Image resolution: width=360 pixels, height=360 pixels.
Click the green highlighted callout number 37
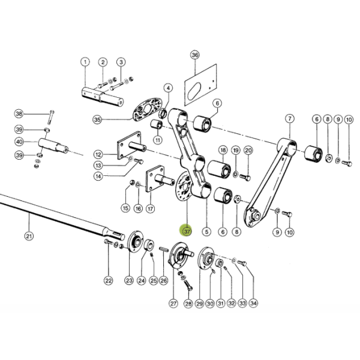tap(187, 231)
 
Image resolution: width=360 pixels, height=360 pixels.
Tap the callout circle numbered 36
tap(194, 55)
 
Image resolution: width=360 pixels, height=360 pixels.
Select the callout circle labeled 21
tap(29, 236)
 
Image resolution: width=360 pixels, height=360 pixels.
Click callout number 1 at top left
tap(85, 62)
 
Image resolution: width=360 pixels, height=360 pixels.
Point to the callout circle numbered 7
tap(290, 119)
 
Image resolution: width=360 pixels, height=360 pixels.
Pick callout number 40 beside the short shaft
tap(19, 142)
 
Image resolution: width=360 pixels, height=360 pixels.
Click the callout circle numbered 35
tap(97, 119)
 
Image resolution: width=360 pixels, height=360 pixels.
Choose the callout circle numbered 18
tap(223, 151)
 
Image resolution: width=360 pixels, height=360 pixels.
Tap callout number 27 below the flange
tap(173, 304)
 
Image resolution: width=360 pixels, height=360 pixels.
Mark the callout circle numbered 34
tap(253, 303)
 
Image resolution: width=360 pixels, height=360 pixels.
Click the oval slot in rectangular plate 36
tap(194, 91)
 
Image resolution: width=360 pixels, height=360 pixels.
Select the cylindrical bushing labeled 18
tap(219, 169)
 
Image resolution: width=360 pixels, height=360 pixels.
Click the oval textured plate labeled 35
tap(148, 109)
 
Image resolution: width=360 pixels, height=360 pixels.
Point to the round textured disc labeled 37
tap(183, 187)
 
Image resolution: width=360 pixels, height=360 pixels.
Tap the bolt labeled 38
tap(51, 118)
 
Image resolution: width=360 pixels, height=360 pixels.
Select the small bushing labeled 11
tap(157, 124)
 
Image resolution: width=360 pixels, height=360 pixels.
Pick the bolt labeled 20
tap(245, 177)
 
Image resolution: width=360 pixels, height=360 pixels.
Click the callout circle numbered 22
tap(108, 281)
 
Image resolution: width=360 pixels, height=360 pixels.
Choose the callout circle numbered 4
tap(168, 88)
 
